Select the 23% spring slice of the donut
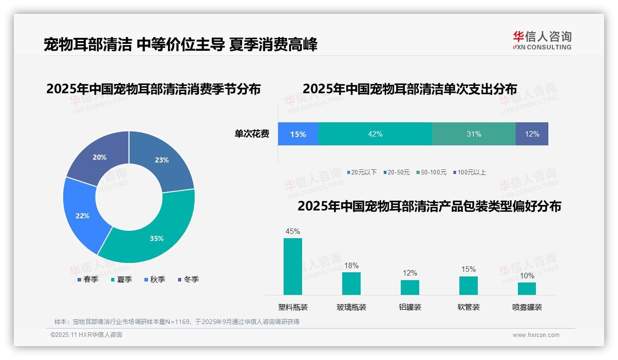[164, 159]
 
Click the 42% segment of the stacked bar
[375, 134]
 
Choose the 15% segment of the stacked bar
[298, 134]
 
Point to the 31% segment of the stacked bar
[474, 134]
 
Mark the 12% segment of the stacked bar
[532, 134]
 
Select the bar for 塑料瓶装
[293, 266]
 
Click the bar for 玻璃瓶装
[351, 283]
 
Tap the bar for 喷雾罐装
[527, 288]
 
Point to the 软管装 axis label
[469, 307]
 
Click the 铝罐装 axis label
[410, 307]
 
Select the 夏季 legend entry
[121, 279]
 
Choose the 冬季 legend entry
[188, 279]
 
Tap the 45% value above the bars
[293, 231]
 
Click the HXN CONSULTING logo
[542, 40]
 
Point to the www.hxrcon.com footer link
[536, 335]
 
